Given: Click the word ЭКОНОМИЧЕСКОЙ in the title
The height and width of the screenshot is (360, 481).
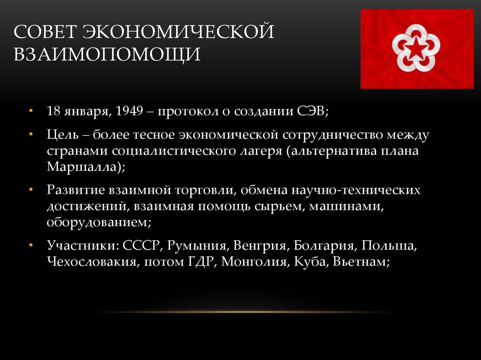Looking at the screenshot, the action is pyautogui.click(x=178, y=31).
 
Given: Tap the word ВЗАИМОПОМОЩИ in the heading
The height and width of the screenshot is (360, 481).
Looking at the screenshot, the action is pyautogui.click(x=107, y=54).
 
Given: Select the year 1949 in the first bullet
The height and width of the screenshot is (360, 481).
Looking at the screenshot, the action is pyautogui.click(x=130, y=111).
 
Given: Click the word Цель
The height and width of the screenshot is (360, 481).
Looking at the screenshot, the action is pyautogui.click(x=62, y=135).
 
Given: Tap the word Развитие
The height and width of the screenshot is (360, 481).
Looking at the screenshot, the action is pyautogui.click(x=76, y=190).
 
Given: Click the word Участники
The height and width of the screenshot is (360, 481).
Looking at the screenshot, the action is pyautogui.click(x=81, y=245).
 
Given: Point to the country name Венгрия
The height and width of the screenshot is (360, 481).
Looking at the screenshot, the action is pyautogui.click(x=259, y=245).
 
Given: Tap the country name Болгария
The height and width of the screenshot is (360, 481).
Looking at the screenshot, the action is pyautogui.click(x=326, y=245).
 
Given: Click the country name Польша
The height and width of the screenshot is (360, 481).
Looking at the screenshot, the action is pyautogui.click(x=388, y=245).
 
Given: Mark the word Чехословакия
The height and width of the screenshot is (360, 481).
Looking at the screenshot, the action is pyautogui.click(x=92, y=262).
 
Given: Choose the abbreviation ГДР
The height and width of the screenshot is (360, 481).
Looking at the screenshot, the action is pyautogui.click(x=200, y=262).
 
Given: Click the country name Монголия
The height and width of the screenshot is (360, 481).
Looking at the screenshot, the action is pyautogui.click(x=254, y=262).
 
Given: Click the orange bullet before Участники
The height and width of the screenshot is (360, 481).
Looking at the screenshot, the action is pyautogui.click(x=30, y=245).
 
